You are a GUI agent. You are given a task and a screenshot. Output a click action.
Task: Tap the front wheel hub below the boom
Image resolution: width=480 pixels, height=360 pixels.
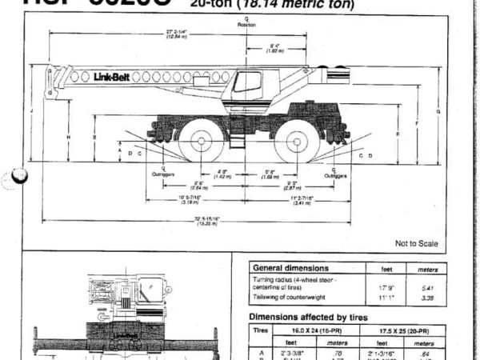point(201,141)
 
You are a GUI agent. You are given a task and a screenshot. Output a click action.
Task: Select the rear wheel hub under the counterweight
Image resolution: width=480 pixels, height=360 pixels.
point(295,141)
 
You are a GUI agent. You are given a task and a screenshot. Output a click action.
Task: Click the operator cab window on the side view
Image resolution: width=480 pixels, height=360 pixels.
point(247,82)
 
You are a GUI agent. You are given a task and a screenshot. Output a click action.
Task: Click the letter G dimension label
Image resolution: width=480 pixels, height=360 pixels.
point(438,111)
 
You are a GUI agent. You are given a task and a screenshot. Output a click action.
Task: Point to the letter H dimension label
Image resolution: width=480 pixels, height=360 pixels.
point(69,137)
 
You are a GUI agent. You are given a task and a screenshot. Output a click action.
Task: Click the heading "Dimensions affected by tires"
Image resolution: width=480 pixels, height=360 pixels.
point(315,316)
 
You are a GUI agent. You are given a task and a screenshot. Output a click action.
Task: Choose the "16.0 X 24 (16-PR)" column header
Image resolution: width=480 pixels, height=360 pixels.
point(319,329)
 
